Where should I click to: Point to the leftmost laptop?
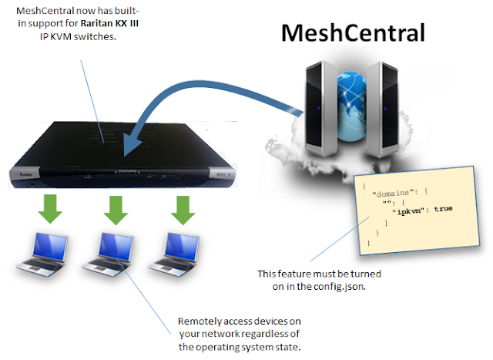pos(38,255)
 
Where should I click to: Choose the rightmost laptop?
pos(183,255)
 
